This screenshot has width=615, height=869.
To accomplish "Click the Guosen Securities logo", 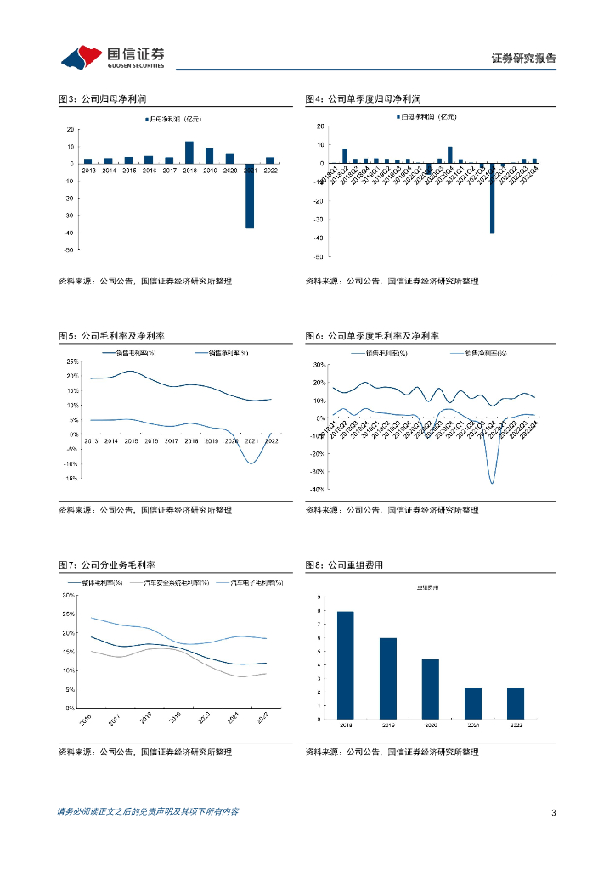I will pyautogui.click(x=112, y=56).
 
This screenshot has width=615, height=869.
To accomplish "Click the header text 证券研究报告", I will pyautogui.click(x=524, y=59).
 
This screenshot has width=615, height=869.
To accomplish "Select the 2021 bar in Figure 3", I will pyautogui.click(x=250, y=196).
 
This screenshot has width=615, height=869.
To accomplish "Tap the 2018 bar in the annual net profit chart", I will pyautogui.click(x=189, y=153).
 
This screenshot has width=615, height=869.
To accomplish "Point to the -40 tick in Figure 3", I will pyautogui.click(x=68, y=233).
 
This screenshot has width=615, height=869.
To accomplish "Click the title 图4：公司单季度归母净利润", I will pyautogui.click(x=364, y=99).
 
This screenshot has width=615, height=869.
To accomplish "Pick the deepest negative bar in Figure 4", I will pyautogui.click(x=492, y=198).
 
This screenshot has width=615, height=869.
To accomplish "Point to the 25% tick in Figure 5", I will pyautogui.click(x=72, y=361).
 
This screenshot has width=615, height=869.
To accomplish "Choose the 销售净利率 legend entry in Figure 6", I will pyautogui.click(x=478, y=352).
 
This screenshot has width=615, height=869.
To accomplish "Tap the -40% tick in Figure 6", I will pyautogui.click(x=318, y=490).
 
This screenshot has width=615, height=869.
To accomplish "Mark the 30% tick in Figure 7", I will pyautogui.click(x=69, y=595).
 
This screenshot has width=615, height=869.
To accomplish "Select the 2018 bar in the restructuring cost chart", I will pyautogui.click(x=346, y=664).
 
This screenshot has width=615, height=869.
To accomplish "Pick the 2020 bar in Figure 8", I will pyautogui.click(x=431, y=689).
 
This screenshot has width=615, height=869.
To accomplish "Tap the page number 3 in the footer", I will pyautogui.click(x=553, y=813).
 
